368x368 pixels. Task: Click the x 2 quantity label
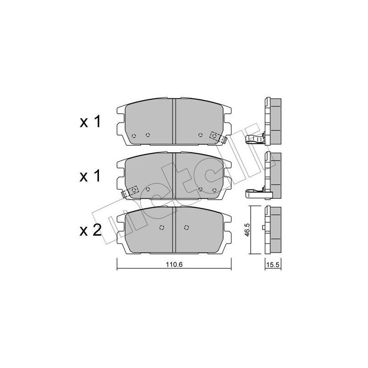(x=90, y=230)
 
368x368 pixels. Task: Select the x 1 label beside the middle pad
(x=90, y=176)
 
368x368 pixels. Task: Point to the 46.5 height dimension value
(x=247, y=230)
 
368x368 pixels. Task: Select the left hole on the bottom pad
(x=161, y=227)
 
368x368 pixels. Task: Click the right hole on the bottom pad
(x=186, y=227)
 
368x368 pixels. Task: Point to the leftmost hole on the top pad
(x=133, y=135)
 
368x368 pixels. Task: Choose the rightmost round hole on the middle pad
(x=214, y=189)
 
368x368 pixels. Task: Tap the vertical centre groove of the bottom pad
(x=173, y=230)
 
